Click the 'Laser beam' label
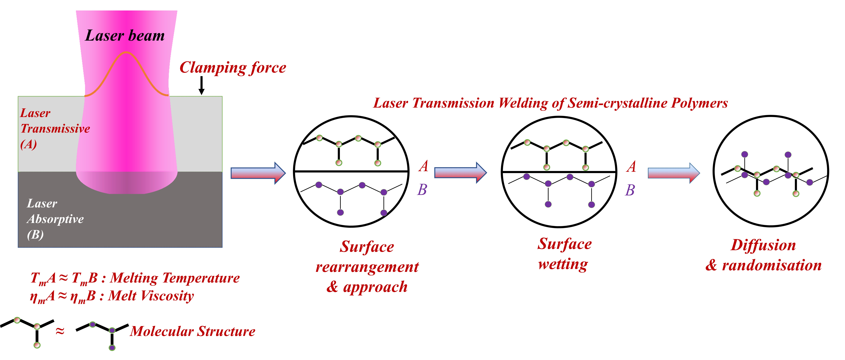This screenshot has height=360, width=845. click(125, 35)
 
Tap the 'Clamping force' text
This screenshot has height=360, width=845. click(233, 68)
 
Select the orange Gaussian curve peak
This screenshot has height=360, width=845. click(126, 52)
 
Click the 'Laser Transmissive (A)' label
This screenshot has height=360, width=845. click(55, 128)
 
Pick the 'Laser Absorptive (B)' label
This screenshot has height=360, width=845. click(55, 219)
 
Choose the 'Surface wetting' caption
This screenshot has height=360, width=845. click(565, 254)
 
